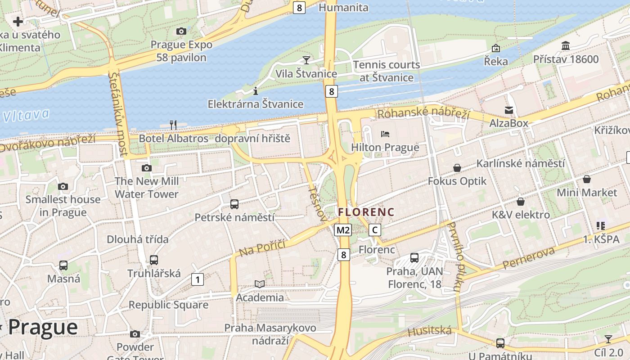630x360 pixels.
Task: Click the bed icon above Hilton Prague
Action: point(385,134)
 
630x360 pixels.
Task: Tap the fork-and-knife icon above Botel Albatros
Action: point(173,124)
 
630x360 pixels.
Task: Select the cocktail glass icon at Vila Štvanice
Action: point(306,60)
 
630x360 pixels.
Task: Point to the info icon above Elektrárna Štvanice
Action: point(256,91)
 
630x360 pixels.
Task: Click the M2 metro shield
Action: point(343,230)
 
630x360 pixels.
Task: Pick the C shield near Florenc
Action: point(374,230)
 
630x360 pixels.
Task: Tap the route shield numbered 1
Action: point(197,279)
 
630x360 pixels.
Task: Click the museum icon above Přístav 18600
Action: point(566,45)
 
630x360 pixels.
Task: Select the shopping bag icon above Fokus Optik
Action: point(457,168)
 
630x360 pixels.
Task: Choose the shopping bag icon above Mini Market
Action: point(587,179)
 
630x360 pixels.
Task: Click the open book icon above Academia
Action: point(260,284)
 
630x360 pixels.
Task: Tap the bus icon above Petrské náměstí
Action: point(234,204)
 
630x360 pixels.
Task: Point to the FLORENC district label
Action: point(366,212)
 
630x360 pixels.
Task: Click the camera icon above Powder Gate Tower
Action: point(135,334)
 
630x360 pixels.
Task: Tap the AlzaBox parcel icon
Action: point(509,110)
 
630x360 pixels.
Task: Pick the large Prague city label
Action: point(43,327)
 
